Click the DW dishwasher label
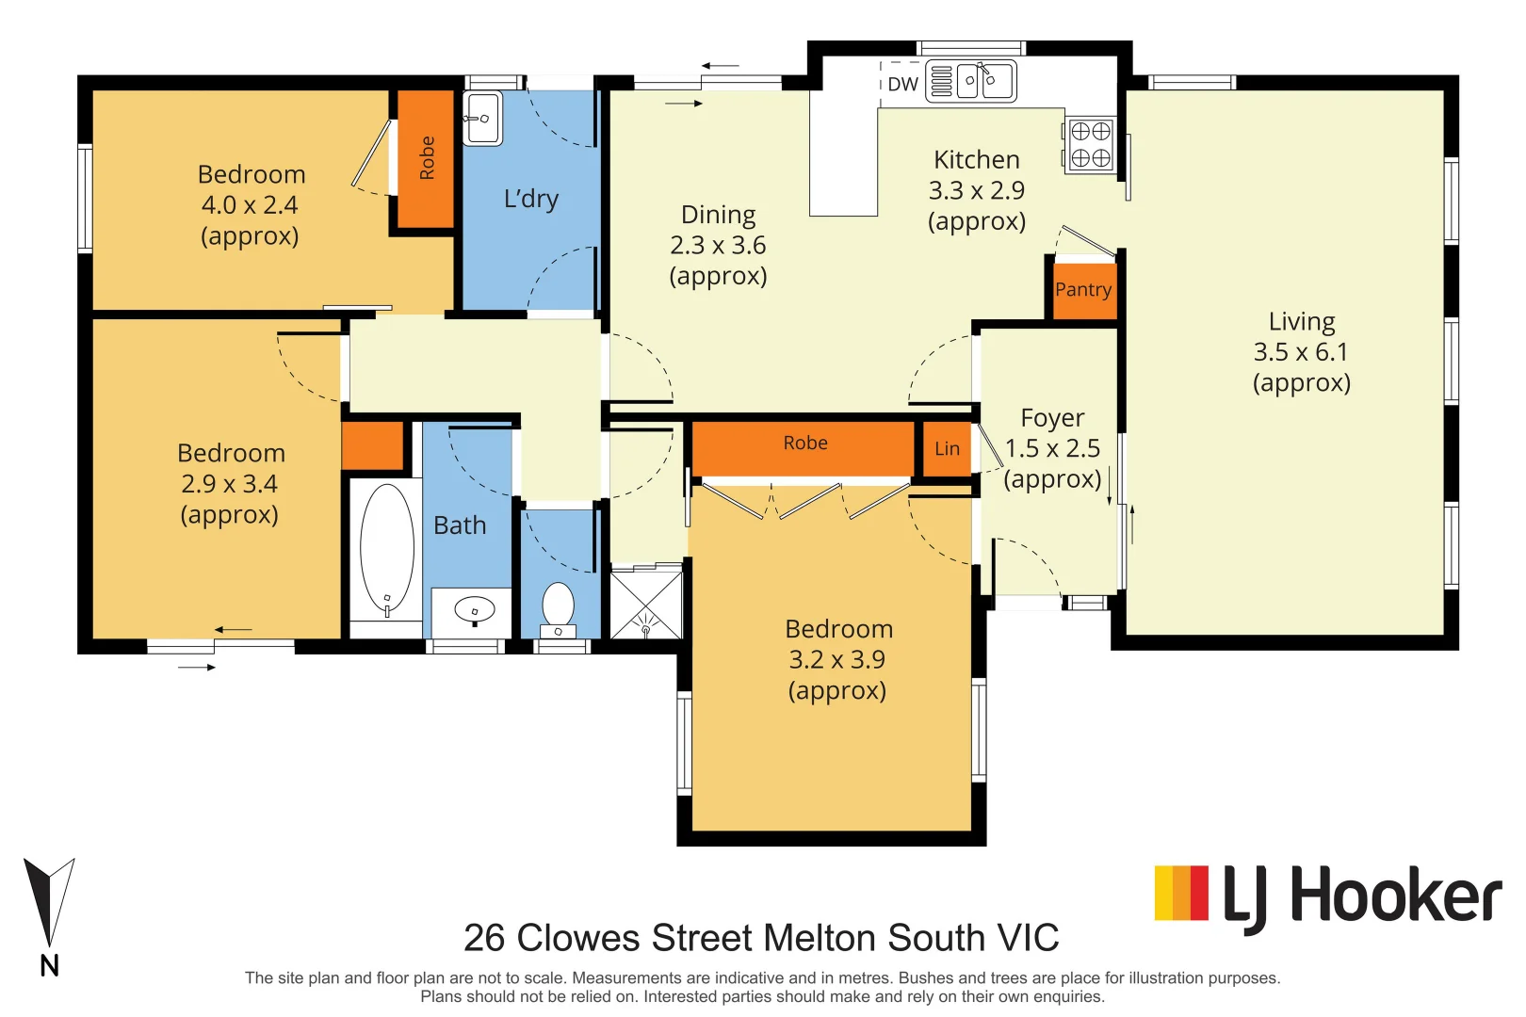coord(902,84)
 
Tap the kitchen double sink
coord(985,81)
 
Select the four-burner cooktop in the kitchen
coord(1090,145)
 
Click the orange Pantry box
coord(1083,289)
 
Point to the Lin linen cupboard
coord(947,449)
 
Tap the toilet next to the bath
coord(559,608)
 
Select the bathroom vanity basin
coord(474,611)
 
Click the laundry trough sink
coord(482,119)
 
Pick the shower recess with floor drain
coord(645,604)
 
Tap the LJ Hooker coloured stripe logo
coord(1180,893)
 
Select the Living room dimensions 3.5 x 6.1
coord(1301,352)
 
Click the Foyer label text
coord(1052,417)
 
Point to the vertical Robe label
coord(427,158)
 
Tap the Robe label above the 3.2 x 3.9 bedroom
coord(804,444)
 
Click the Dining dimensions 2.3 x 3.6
coord(718,246)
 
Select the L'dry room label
coord(531,199)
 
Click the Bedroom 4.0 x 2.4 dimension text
coord(250,205)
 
